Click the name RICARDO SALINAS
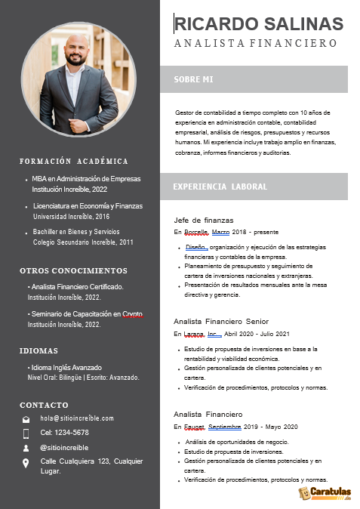click(258, 24)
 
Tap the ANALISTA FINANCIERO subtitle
click(255, 44)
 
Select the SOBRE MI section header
click(193, 79)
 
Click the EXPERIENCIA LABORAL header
click(219, 186)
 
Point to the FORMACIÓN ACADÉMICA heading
click(74, 161)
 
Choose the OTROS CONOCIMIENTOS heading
click(73, 270)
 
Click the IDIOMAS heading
click(38, 350)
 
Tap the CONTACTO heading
click(44, 405)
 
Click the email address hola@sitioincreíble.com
click(77, 418)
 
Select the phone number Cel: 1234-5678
click(64, 433)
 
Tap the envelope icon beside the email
click(26, 418)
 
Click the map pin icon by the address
click(26, 463)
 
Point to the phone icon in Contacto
click(26, 433)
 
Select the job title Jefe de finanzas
click(203, 220)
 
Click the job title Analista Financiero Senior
click(221, 321)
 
